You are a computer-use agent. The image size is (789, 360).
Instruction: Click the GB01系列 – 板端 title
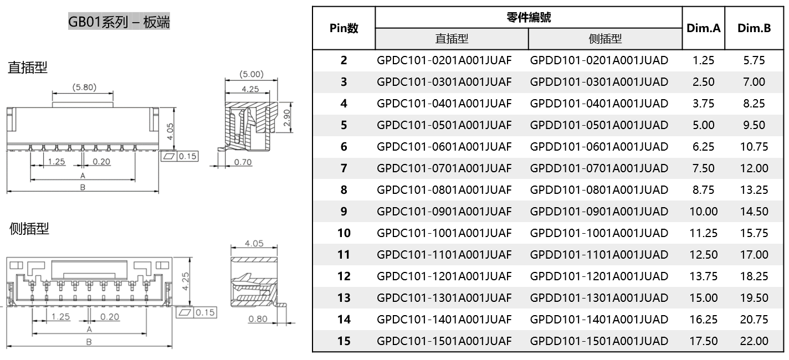click(119, 22)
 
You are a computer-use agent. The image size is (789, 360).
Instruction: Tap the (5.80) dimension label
click(83, 87)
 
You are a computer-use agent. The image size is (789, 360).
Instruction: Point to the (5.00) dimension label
click(251, 74)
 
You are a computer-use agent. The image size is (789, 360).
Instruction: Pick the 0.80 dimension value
click(258, 319)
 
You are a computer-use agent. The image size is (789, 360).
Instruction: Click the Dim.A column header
click(703, 28)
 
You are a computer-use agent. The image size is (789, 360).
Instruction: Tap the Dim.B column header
click(754, 28)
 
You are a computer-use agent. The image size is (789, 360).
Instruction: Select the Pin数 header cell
click(344, 28)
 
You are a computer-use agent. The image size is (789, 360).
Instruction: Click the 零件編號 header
click(529, 17)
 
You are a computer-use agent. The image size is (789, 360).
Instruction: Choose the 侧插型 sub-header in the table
click(604, 39)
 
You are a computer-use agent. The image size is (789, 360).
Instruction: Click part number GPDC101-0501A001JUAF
click(444, 125)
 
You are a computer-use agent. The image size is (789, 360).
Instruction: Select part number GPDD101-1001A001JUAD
click(599, 233)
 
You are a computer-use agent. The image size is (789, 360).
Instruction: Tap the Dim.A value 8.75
click(703, 190)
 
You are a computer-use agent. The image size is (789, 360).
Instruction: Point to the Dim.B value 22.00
click(754, 341)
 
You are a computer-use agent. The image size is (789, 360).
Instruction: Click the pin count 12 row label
click(344, 276)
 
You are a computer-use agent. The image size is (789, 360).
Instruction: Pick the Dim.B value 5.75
click(754, 60)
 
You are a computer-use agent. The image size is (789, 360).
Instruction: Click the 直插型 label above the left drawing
click(28, 68)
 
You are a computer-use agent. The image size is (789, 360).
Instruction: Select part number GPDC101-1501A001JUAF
click(444, 341)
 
